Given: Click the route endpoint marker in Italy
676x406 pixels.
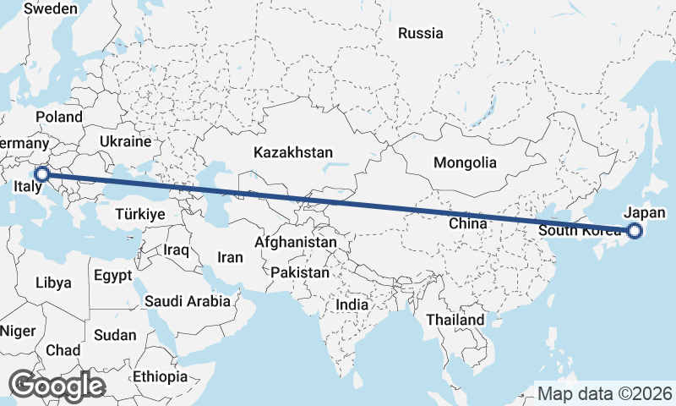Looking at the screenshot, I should pyautogui.click(x=41, y=174).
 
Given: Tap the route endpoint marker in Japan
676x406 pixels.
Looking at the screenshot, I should pyautogui.click(x=635, y=231).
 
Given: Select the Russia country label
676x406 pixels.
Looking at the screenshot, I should pyautogui.click(x=420, y=34).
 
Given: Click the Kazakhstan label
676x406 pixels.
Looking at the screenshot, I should pyautogui.click(x=293, y=153).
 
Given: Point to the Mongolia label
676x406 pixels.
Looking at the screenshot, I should pyautogui.click(x=464, y=162).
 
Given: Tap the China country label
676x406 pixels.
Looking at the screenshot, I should pyautogui.click(x=469, y=224).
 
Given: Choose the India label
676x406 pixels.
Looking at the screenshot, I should pyautogui.click(x=352, y=304).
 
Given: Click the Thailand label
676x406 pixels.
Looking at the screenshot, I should pyautogui.click(x=455, y=320).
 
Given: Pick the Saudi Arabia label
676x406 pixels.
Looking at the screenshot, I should pyautogui.click(x=188, y=300).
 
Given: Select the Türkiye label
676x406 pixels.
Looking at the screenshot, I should pyautogui.click(x=139, y=215).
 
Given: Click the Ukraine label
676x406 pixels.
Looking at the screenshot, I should pyautogui.click(x=125, y=141).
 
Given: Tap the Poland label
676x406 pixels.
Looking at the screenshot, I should pyautogui.click(x=58, y=117).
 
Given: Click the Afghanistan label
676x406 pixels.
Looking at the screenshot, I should pyautogui.click(x=296, y=243).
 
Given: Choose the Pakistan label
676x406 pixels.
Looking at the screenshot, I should pyautogui.click(x=300, y=273).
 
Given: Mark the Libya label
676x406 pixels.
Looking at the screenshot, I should pyautogui.click(x=53, y=283).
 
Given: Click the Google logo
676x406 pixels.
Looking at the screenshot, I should pyautogui.click(x=57, y=386).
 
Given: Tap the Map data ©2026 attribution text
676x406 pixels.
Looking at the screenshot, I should pyautogui.click(x=604, y=393).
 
